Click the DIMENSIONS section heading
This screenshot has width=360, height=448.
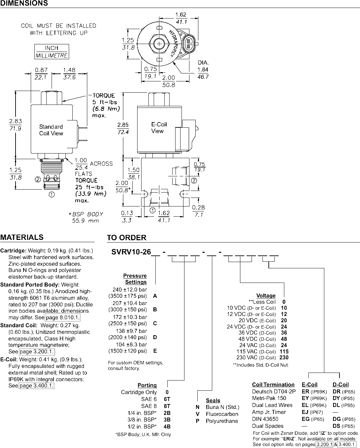click(x=24, y=3)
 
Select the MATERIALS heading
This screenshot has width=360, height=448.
click(x=22, y=237)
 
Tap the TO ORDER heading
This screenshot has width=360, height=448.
click(x=127, y=238)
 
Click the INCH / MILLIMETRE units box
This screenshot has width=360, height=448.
click(x=52, y=52)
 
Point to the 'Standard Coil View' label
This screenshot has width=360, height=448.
click(x=51, y=130)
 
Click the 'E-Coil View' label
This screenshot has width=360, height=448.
click(x=159, y=128)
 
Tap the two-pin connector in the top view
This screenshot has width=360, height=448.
click(x=188, y=44)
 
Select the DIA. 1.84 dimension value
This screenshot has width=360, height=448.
click(x=203, y=69)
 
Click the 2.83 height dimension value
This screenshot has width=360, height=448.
click(x=16, y=121)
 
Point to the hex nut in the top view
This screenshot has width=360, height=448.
click(x=159, y=44)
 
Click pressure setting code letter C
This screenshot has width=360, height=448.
click(x=155, y=323)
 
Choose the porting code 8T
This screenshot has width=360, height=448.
click(x=167, y=406)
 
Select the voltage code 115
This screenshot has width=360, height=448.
click(x=284, y=351)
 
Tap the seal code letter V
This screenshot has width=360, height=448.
click(x=198, y=414)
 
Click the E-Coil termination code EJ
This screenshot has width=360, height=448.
click(x=305, y=412)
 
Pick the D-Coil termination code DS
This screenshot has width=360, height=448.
click(x=337, y=426)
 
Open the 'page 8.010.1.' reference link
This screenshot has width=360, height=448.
click(x=62, y=318)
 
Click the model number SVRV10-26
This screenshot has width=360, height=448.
click(x=131, y=252)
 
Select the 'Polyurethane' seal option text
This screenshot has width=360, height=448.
click(x=222, y=421)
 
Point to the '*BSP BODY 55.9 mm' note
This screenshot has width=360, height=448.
click(x=86, y=217)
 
